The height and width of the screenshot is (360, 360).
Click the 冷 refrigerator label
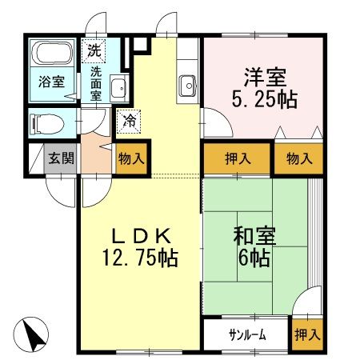128,122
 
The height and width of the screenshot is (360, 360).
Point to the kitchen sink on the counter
189,83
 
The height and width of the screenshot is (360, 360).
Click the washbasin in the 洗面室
118,88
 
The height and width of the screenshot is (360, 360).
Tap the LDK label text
140,236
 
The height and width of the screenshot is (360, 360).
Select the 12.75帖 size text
139,259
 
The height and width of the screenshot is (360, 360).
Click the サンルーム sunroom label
246,334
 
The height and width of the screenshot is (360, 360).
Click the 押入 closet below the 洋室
237,158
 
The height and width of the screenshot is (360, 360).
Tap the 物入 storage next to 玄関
131,158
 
